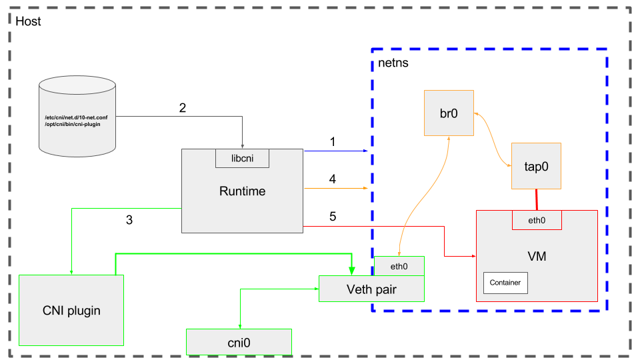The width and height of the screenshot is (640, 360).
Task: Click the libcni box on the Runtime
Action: pyautogui.click(x=242, y=158)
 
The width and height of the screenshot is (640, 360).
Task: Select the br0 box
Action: pyautogui.click(x=449, y=112)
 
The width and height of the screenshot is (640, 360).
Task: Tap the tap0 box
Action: pyautogui.click(x=536, y=166)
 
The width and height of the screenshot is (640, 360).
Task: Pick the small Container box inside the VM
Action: pyautogui.click(x=505, y=283)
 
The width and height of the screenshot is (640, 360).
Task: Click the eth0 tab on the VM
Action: pyautogui.click(x=537, y=219)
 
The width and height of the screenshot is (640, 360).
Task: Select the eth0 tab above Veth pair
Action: pyautogui.click(x=399, y=266)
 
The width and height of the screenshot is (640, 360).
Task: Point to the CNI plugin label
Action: pyautogui.click(x=71, y=311)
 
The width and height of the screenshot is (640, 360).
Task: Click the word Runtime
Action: pyautogui.click(x=242, y=191)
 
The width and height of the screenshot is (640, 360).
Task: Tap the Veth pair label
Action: pyautogui.click(x=371, y=288)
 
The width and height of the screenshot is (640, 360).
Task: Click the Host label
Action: pyautogui.click(x=28, y=21)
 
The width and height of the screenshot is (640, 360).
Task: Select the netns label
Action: pyautogui.click(x=393, y=63)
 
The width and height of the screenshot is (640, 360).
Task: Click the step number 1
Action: pyautogui.click(x=333, y=142)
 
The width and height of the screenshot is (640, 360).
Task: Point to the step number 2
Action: pyautogui.click(x=183, y=108)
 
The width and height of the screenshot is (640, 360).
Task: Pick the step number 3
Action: pyautogui.click(x=129, y=220)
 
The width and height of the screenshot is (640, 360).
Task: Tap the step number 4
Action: pyautogui.click(x=333, y=179)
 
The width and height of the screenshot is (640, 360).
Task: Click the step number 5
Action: pyautogui.click(x=333, y=217)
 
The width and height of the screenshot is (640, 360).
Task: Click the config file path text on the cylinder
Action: pyautogui.click(x=77, y=121)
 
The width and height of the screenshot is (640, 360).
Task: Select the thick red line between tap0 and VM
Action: pyautogui.click(x=536, y=199)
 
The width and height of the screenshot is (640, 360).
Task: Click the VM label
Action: pyautogui.click(x=537, y=256)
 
